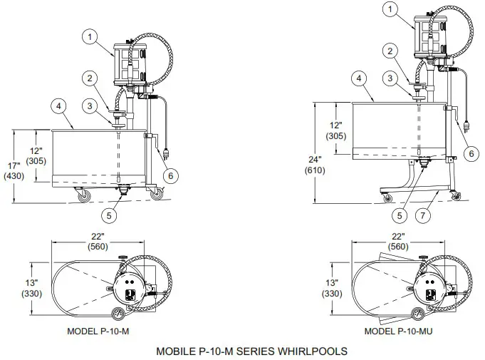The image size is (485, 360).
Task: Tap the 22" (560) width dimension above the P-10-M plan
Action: [98, 242]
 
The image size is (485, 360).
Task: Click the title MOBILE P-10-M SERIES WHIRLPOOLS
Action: [251, 351]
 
